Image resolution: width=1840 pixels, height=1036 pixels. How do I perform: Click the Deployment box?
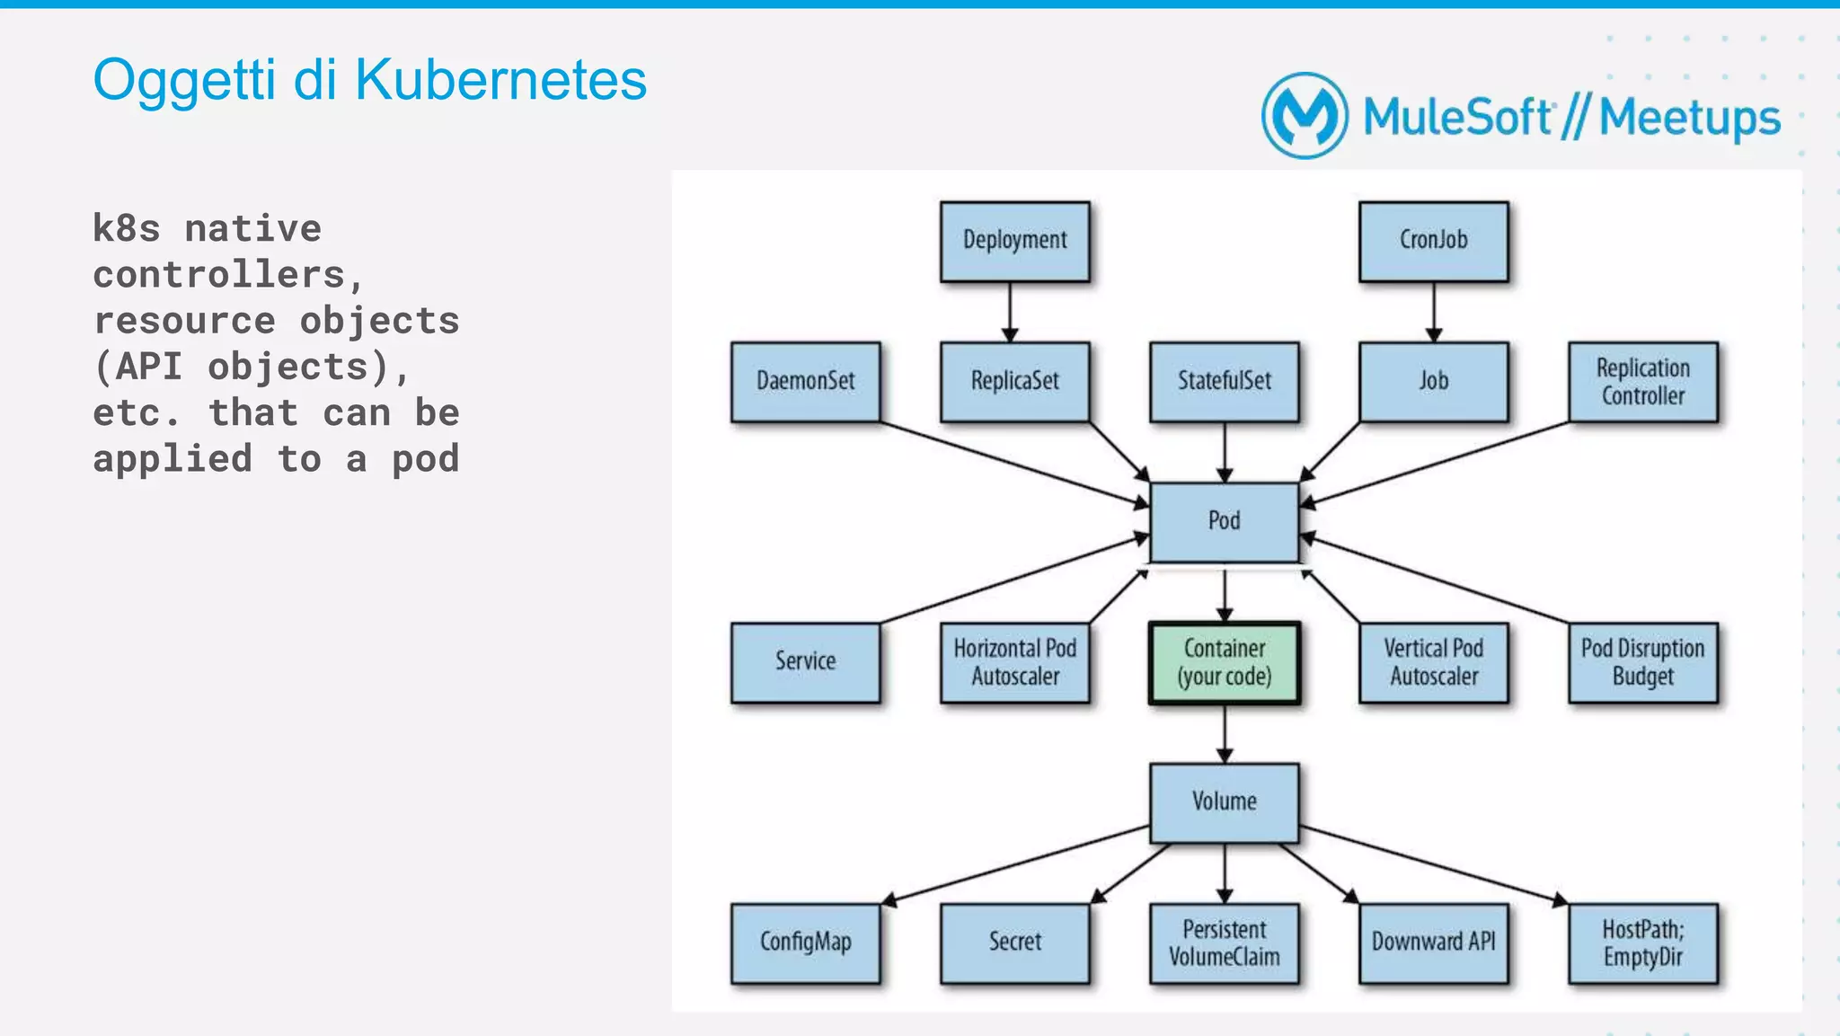click(x=1014, y=241)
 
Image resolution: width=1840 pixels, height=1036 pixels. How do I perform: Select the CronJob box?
click(x=1433, y=241)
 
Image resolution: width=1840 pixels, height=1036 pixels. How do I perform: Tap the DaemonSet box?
click(x=805, y=381)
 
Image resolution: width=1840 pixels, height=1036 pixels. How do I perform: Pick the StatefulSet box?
click(x=1224, y=381)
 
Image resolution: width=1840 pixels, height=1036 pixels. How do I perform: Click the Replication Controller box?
click(x=1642, y=381)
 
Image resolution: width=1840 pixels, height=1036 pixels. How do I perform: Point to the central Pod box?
click(x=1224, y=521)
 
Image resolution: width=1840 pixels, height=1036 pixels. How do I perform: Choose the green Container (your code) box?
click(x=1224, y=662)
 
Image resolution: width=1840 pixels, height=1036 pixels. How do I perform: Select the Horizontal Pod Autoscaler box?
click(x=1014, y=662)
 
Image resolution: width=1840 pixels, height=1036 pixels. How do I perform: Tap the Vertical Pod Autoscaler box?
click(x=1433, y=662)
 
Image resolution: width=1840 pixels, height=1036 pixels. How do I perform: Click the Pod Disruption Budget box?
click(x=1642, y=662)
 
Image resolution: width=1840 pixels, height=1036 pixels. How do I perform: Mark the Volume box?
click(x=1224, y=801)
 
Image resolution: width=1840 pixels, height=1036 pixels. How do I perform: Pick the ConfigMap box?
click(x=805, y=943)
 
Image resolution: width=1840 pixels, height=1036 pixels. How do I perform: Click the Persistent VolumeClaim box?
click(x=1224, y=943)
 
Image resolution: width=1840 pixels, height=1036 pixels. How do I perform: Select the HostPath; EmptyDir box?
click(x=1642, y=943)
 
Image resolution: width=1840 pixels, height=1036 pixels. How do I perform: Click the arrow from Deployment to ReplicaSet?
click(x=1010, y=311)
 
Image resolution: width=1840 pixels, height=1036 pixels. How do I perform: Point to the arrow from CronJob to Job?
click(x=1434, y=311)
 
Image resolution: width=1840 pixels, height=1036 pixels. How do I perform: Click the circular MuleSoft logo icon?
click(x=1305, y=116)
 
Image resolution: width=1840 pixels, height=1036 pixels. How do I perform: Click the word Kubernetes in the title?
click(x=500, y=80)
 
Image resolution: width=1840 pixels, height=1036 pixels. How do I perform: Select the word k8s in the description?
click(x=126, y=228)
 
